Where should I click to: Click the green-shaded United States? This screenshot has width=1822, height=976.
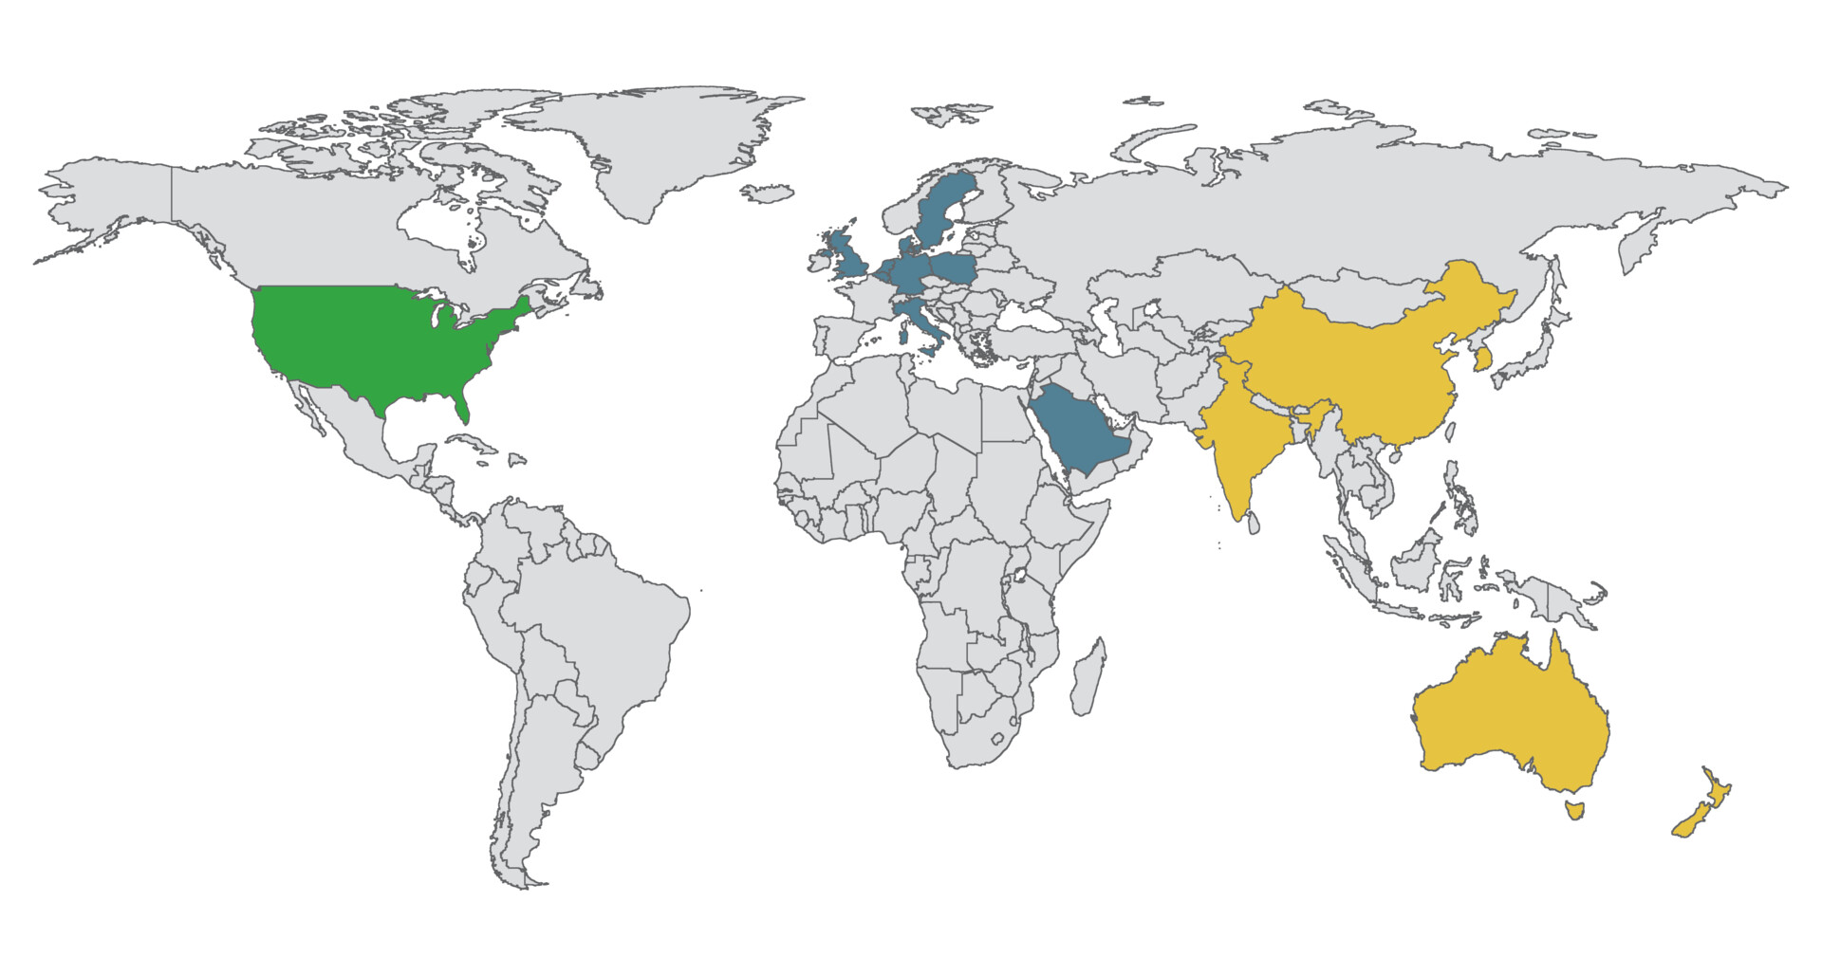370,341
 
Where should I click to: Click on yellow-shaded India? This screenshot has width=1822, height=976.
1243,446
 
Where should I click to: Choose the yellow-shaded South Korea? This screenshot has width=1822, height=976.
1481,360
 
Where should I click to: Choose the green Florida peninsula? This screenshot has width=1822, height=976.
461,408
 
